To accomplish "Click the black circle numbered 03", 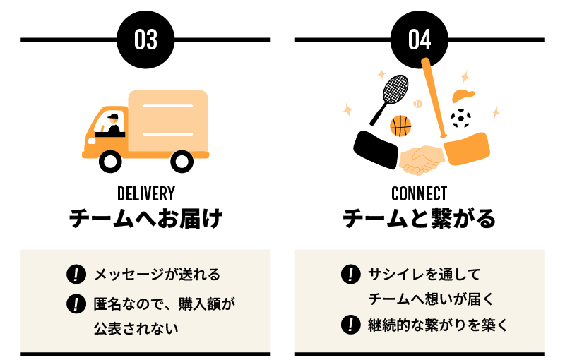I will (x=145, y=40).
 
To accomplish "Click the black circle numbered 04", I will (x=420, y=40).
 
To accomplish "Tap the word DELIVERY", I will (x=145, y=193).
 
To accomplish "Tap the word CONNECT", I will (x=419, y=193).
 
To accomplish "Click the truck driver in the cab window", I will (x=113, y=125).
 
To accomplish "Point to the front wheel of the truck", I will (x=110, y=162).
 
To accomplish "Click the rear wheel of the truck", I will (x=182, y=162).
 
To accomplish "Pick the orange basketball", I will (x=400, y=126).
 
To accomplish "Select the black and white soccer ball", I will (x=460, y=117).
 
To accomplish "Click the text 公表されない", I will (x=136, y=328).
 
